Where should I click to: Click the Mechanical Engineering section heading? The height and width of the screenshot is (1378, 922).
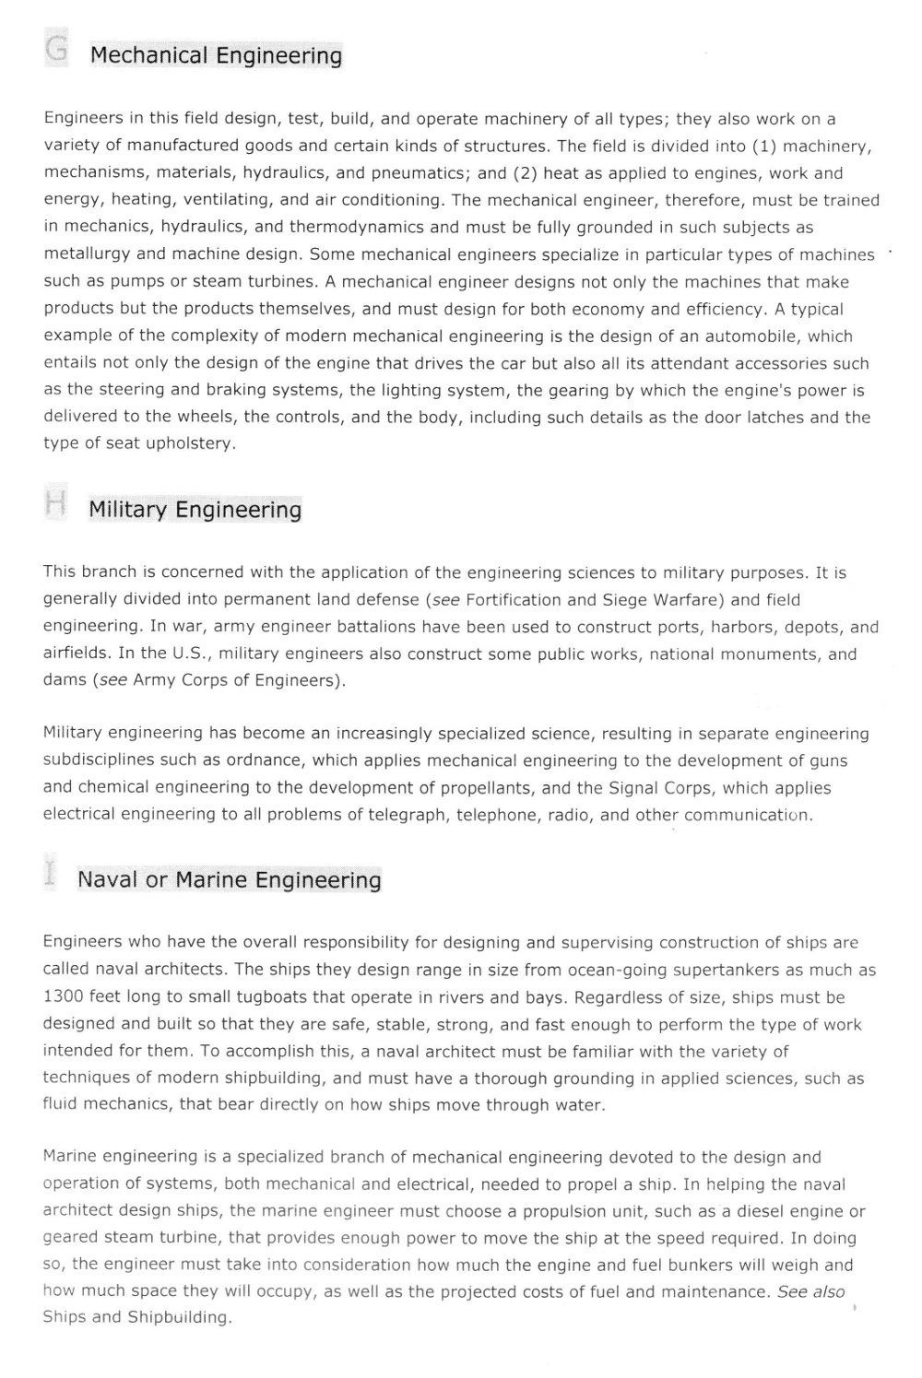pos(216,56)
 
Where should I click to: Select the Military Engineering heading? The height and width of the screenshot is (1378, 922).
pos(195,510)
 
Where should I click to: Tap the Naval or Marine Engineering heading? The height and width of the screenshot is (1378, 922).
pos(229,879)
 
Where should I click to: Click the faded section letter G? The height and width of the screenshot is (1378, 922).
pos(56,50)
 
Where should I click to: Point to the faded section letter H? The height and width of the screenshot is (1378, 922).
pos(55,503)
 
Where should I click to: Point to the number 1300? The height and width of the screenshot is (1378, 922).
pos(63,997)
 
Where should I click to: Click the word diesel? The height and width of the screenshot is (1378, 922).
pos(748,1211)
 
